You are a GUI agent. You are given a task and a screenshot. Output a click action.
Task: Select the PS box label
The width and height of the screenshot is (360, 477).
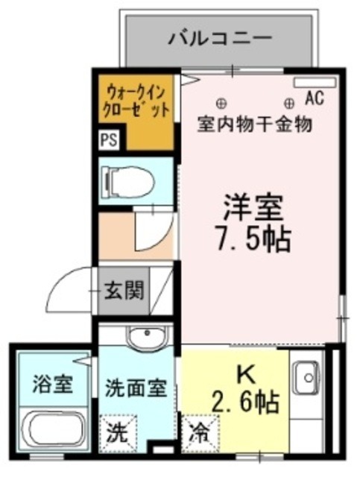(109, 140)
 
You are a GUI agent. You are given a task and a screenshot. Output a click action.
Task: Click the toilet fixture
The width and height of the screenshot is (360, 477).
(127, 180)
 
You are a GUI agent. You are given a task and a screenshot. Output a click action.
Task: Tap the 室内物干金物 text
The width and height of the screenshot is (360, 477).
(255, 123)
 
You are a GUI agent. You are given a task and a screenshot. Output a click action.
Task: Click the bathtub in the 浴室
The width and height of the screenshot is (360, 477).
(51, 430)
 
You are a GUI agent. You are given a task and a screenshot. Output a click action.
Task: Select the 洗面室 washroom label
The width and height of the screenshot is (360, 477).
(135, 388)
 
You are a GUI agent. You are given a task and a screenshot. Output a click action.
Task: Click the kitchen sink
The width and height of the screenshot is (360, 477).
(305, 379)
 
